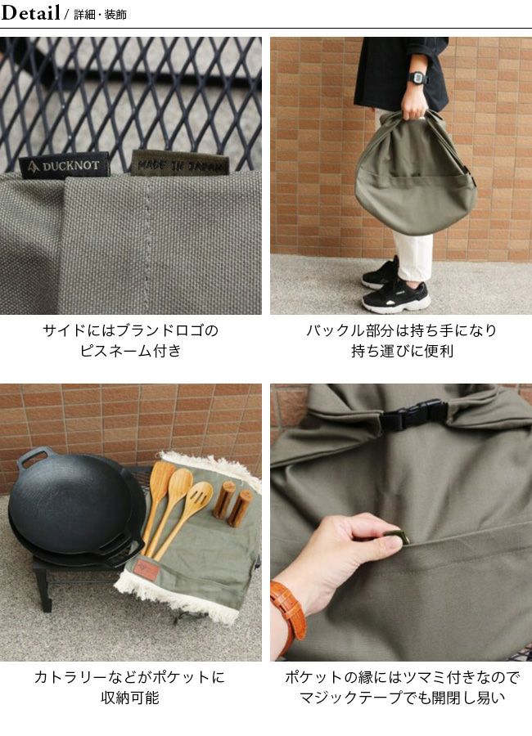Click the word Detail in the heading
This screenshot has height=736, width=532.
coord(30,12)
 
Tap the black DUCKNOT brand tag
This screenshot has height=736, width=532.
coord(65,165)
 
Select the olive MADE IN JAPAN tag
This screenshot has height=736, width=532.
coord(180,164)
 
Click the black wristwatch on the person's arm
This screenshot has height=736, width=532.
coord(417,78)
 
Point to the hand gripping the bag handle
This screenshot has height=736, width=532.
coord(414,105)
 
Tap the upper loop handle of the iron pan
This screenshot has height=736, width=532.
coord(33,458)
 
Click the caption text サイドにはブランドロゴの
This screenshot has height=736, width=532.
coord(131,330)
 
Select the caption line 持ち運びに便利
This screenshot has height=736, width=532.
coord(403,351)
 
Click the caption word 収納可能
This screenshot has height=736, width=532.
coord(130,698)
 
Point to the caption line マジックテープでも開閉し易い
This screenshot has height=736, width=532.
coord(403,698)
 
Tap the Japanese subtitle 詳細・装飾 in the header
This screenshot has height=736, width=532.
coord(100,15)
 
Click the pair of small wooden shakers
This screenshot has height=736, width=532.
coord(232,503)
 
